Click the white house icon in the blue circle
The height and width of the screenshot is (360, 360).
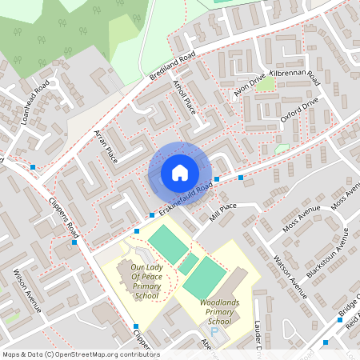(180, 172)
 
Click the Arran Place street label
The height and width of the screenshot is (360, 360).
(106, 146)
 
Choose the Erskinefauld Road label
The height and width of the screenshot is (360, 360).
(185, 198)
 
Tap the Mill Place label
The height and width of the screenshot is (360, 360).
(222, 210)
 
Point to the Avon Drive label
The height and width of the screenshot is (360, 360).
(249, 89)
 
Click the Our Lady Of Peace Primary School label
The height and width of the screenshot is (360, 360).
(146, 282)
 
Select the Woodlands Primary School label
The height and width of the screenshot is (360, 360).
(219, 310)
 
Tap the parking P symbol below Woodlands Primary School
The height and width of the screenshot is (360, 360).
(214, 330)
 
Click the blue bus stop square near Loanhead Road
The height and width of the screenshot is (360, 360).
(33, 166)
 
